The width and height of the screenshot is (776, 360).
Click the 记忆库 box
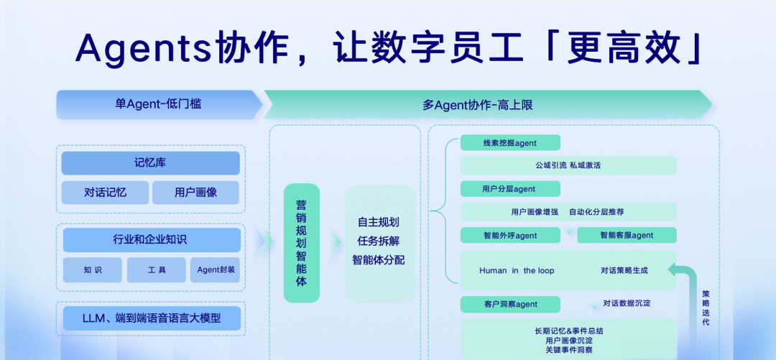click(150, 163)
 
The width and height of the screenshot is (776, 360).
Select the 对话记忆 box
click(105, 193)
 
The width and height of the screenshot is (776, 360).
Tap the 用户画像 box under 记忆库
click(195, 193)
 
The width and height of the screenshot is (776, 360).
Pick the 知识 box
click(93, 270)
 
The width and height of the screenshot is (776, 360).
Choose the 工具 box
click(157, 270)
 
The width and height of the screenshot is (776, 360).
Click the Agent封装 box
click(216, 270)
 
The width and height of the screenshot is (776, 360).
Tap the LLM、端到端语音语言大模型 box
click(152, 318)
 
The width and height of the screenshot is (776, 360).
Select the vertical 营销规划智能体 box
click(301, 243)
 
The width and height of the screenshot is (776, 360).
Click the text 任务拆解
click(379, 241)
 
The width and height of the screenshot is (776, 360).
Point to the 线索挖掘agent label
click(510, 142)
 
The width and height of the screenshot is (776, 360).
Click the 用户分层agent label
click(510, 189)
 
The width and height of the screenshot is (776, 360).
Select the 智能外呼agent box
click(510, 235)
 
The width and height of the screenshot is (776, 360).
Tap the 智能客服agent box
click(627, 235)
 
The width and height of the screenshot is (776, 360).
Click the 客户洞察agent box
click(510, 304)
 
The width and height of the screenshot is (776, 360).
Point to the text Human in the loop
click(517, 270)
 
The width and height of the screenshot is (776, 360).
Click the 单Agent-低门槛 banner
click(159, 104)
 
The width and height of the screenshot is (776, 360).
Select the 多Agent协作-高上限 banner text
click(478, 105)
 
